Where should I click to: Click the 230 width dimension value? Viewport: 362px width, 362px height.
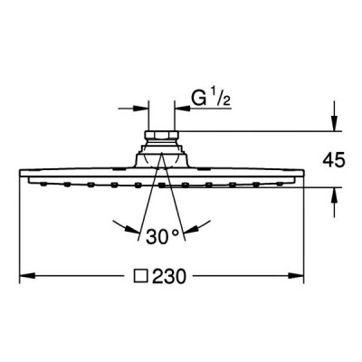(x=168, y=276)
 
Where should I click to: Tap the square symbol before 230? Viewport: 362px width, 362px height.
(x=141, y=276)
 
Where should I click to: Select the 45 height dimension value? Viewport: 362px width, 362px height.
(x=333, y=160)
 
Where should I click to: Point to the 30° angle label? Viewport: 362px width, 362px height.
(x=163, y=236)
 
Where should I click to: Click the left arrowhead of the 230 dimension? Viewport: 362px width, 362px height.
(x=27, y=275)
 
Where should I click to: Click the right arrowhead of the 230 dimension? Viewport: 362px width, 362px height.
(x=296, y=275)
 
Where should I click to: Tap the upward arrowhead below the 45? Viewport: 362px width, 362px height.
(x=334, y=195)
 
